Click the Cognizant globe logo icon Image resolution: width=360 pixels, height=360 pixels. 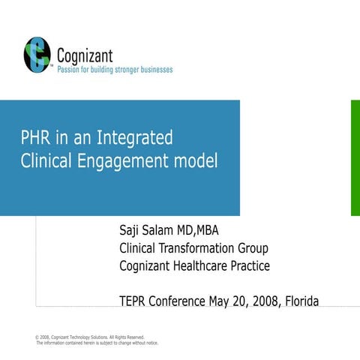pyautogui.click(x=37, y=54)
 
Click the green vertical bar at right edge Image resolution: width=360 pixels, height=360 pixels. pyautogui.click(x=355, y=157)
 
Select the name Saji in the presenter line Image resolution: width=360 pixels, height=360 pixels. pyautogui.click(x=132, y=229)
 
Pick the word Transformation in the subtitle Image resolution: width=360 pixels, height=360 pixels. pyautogui.click(x=199, y=247)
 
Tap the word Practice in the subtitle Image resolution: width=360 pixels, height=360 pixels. pyautogui.click(x=252, y=265)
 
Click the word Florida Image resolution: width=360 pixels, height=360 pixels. pyautogui.click(x=301, y=301)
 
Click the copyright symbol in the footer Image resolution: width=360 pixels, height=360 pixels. pyautogui.click(x=38, y=337)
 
